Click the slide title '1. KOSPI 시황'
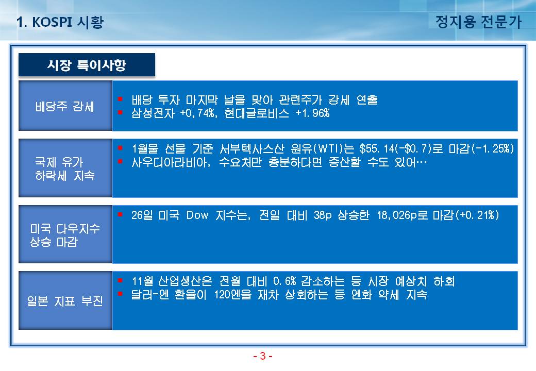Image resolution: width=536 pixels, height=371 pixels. coord(60,22)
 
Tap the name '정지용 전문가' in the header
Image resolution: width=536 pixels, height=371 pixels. coord(478,22)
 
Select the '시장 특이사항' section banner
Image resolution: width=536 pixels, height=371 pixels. coord(87,64)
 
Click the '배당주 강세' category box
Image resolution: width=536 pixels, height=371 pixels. coord(65,106)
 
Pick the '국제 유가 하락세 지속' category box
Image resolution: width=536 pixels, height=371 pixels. coord(65,168)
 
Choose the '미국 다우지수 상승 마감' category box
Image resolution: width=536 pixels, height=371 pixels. coord(65,234)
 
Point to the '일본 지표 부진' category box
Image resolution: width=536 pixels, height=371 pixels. coord(65,300)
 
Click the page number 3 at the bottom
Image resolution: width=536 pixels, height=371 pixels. coord(262,356)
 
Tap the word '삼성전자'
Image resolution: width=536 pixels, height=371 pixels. coord(153,113)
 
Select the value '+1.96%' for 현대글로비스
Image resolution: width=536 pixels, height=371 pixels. coord(312,113)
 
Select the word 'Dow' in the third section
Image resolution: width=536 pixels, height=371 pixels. coord(197,215)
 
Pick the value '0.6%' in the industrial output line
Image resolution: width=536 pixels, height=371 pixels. coord(284,281)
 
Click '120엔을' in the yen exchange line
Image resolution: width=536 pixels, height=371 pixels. coord(233,294)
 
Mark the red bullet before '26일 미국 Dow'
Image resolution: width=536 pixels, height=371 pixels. coord(120,214)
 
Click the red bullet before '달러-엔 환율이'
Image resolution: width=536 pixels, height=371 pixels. coord(120,294)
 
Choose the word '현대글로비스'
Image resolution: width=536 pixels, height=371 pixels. coord(256,113)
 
